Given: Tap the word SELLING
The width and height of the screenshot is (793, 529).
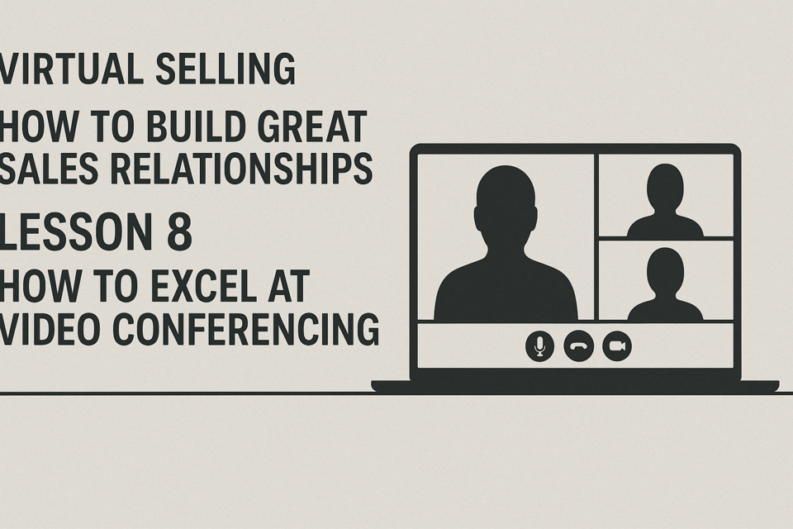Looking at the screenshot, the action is pyautogui.click(x=225, y=69).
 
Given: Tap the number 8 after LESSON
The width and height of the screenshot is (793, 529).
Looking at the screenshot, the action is pyautogui.click(x=179, y=231).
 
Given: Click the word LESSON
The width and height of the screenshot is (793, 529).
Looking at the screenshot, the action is pyautogui.click(x=76, y=231).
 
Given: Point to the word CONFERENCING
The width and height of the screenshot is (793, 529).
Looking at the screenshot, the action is pyautogui.click(x=245, y=329).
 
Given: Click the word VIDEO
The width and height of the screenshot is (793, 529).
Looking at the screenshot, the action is pyautogui.click(x=50, y=329).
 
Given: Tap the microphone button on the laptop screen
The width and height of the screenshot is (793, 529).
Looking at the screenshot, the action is pyautogui.click(x=539, y=346).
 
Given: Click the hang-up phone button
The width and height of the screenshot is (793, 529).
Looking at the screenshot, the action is pyautogui.click(x=578, y=346).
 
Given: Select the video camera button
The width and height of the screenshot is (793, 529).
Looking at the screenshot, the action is pyautogui.click(x=617, y=346).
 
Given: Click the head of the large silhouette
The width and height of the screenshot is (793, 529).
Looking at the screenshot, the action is pyautogui.click(x=506, y=208).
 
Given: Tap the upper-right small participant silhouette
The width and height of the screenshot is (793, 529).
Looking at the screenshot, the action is pyautogui.click(x=665, y=203).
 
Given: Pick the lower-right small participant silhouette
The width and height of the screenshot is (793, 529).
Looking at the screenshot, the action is pyautogui.click(x=665, y=286).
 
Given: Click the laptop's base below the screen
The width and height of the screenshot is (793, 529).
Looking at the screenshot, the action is pyautogui.click(x=575, y=386).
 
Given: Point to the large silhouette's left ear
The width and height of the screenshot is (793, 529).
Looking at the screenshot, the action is pyautogui.click(x=477, y=219).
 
